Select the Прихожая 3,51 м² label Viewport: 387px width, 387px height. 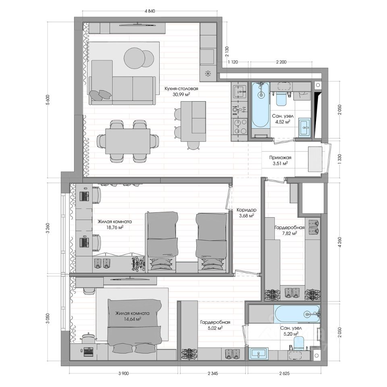280,160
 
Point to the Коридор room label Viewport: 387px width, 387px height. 246,210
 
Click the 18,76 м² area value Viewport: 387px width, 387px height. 115,227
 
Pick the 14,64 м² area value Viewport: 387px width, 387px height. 133,319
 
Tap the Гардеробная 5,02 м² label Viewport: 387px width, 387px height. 215,325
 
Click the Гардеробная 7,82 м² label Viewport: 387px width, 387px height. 289,230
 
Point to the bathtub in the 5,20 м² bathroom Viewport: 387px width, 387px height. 297,314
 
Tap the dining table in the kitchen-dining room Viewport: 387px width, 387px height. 128,141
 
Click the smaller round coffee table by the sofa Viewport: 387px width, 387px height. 147,59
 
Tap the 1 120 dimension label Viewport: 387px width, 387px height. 233,62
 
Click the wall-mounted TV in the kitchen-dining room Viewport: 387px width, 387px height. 137,24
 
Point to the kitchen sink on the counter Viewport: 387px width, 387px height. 239,92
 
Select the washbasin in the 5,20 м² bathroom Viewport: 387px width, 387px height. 258,354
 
